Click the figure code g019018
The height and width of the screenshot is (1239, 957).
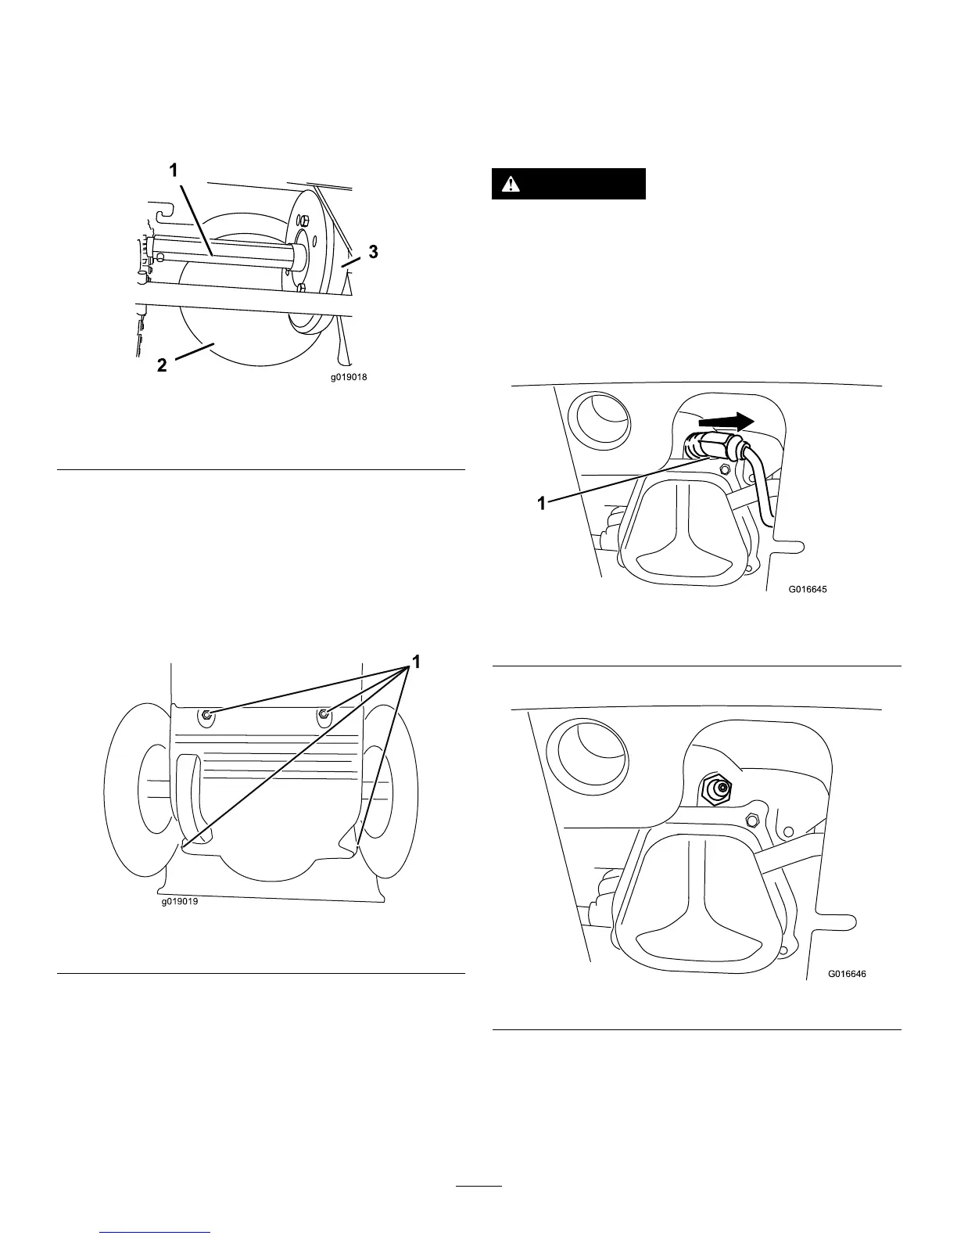(x=348, y=377)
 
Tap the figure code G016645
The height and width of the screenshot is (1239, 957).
(x=807, y=590)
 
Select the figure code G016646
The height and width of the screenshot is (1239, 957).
(x=847, y=975)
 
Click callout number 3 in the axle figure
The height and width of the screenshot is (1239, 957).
(x=374, y=252)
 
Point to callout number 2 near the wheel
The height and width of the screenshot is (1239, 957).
(x=162, y=365)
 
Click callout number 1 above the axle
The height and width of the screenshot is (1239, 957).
(x=174, y=169)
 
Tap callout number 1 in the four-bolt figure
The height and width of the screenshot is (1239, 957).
(x=417, y=662)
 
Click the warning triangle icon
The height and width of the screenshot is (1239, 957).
(x=511, y=184)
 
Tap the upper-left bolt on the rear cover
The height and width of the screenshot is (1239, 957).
(x=206, y=715)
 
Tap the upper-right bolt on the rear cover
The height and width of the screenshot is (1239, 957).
(x=324, y=713)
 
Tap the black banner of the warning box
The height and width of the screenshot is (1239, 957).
(x=568, y=184)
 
